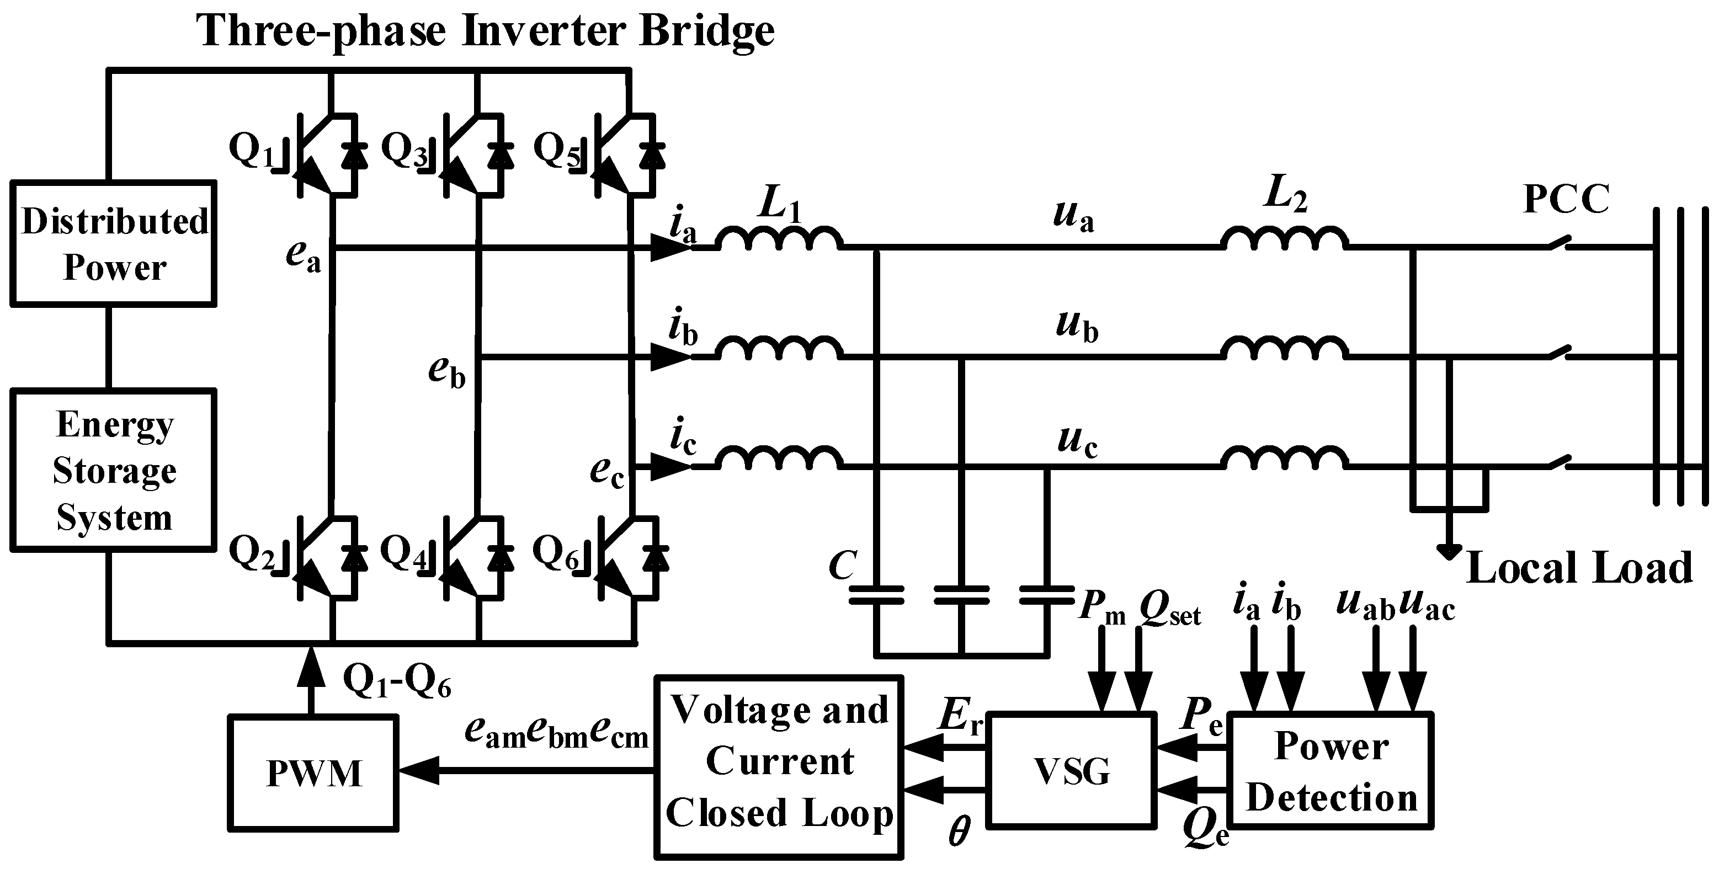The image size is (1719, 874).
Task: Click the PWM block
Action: [x=313, y=772]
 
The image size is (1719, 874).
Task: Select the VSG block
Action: [x=1071, y=771]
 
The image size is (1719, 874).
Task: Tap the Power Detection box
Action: [x=1331, y=771]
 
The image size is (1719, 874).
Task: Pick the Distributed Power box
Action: [x=114, y=243]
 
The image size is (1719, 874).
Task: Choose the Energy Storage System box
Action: [x=114, y=470]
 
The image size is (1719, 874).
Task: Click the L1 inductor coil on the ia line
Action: [x=779, y=239]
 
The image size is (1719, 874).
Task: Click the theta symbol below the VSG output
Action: [x=959, y=833]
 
